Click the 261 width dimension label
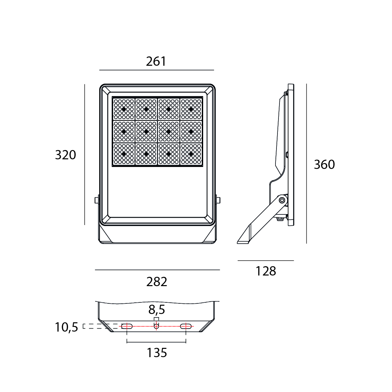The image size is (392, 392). point(156,61)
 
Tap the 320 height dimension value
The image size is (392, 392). point(65,155)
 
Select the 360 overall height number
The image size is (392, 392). point(324,165)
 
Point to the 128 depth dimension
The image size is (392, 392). point(266,271)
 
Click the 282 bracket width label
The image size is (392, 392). point(157,282)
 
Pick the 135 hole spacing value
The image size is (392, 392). point(157,353)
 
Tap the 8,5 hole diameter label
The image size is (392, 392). point(157,310)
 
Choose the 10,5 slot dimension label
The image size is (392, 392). point(66,328)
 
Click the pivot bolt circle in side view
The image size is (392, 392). point(282,200)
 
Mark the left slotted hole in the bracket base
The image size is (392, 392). point(127,326)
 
